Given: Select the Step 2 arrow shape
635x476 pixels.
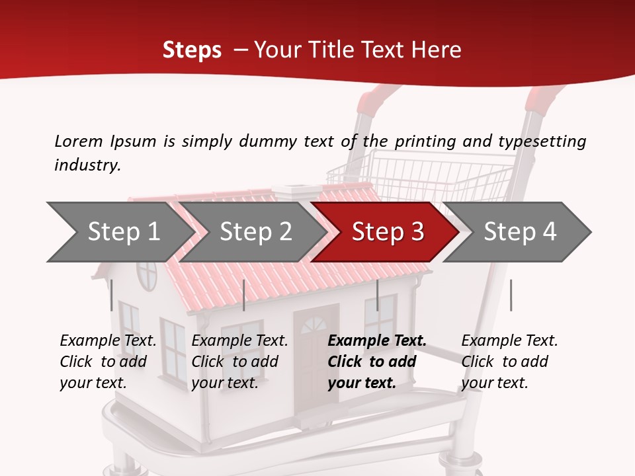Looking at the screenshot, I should click(255, 232).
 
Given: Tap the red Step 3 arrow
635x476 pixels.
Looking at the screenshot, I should click(387, 232).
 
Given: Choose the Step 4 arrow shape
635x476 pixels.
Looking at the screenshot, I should click(519, 232).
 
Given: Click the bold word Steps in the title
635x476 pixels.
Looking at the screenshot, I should click(192, 50).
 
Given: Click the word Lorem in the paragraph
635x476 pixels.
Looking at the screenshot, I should click(79, 141).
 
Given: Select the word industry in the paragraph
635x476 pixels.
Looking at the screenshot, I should click(87, 165).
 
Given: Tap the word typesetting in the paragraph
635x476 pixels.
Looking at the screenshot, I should click(542, 141).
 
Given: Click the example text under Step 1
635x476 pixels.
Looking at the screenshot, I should click(108, 362).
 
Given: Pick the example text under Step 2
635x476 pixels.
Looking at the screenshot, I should click(239, 362).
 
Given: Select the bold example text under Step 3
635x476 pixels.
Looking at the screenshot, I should click(376, 362).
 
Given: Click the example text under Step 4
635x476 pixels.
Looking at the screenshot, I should click(509, 362).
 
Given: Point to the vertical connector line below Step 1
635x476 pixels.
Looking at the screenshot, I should click(112, 295).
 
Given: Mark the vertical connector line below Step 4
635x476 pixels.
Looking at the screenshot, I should click(511, 295).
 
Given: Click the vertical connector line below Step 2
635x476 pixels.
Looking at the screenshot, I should click(244, 295).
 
